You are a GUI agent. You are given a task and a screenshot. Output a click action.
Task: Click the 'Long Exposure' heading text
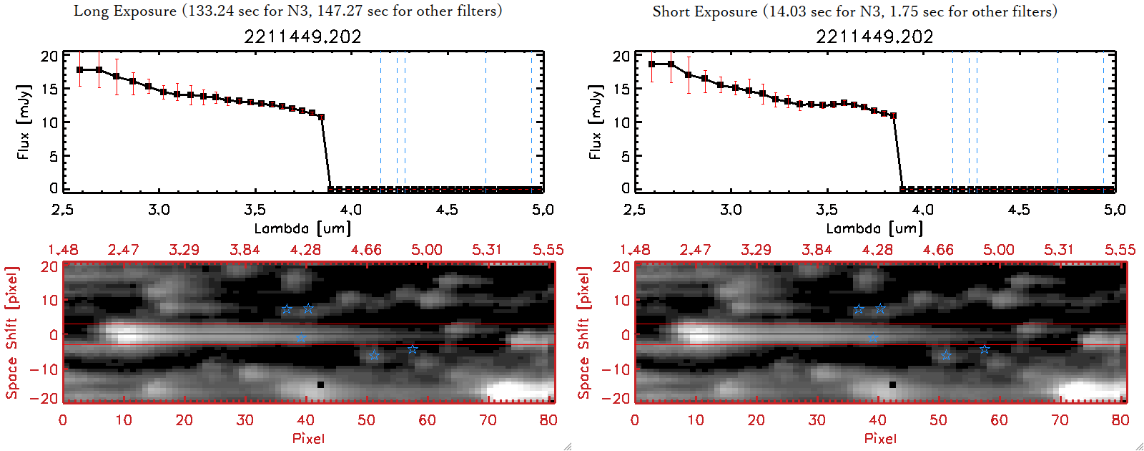(x=125, y=11)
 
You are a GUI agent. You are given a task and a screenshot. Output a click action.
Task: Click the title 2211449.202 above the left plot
(x=302, y=37)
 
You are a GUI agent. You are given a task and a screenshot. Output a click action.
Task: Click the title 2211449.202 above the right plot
(x=874, y=37)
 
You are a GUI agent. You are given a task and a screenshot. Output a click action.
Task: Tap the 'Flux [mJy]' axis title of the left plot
(x=24, y=122)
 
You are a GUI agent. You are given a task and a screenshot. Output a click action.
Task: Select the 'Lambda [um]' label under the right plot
(x=874, y=228)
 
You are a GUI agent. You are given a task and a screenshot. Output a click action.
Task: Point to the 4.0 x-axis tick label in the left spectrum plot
(x=350, y=210)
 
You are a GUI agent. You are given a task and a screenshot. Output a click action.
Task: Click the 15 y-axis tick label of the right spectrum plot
(x=621, y=89)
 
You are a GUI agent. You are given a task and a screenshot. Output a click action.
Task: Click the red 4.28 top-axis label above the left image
(x=306, y=250)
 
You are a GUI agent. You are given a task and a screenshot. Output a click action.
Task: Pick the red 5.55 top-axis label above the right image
(x=1120, y=250)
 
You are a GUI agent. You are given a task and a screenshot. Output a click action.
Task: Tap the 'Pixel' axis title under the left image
(x=308, y=438)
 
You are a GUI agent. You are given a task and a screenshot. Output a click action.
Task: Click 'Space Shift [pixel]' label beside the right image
(x=584, y=333)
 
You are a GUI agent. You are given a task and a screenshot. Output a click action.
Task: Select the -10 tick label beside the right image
(x=616, y=369)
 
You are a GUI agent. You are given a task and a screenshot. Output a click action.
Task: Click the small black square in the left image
(x=320, y=385)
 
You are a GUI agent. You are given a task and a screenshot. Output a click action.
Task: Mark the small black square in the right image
(x=892, y=385)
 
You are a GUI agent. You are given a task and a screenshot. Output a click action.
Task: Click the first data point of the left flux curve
(x=80, y=69)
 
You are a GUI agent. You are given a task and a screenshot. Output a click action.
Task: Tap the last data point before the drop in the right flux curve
(x=894, y=115)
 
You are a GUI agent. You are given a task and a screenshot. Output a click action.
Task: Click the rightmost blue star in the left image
(x=413, y=349)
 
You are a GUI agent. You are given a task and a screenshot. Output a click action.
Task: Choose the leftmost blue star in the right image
(x=859, y=309)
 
